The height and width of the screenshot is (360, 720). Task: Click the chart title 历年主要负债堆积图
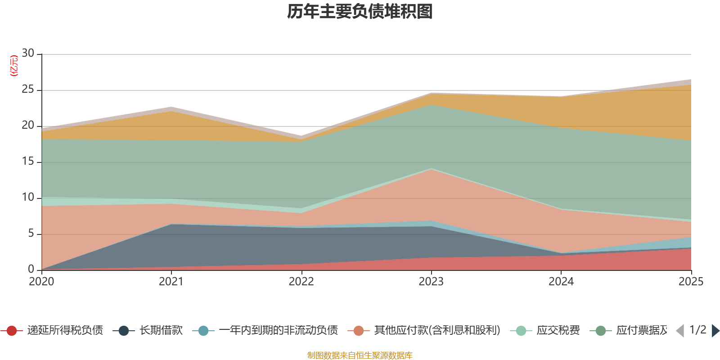tap(360, 12)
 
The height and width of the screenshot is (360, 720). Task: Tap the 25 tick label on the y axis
tap(28, 90)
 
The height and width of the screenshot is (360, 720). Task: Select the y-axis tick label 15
tap(28, 162)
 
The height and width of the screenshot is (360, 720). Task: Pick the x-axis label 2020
tap(41, 282)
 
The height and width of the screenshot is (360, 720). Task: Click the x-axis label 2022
tap(301, 282)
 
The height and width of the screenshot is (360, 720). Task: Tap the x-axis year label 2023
tap(431, 282)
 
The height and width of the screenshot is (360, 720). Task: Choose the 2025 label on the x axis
tap(691, 282)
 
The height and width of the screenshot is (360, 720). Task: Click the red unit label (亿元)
tap(14, 66)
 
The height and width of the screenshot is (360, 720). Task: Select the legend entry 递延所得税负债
tap(52, 330)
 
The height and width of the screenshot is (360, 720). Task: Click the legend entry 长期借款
tap(148, 330)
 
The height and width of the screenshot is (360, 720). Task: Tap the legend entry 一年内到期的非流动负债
tap(265, 330)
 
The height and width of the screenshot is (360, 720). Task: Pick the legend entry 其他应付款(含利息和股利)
tap(424, 330)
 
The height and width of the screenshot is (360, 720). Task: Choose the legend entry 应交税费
tap(545, 330)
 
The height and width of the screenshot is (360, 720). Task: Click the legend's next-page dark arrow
tap(715, 331)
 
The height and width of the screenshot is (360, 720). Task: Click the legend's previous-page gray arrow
tap(680, 331)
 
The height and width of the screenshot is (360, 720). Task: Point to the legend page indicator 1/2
tap(698, 330)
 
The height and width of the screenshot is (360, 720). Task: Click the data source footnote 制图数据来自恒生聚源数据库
tap(360, 355)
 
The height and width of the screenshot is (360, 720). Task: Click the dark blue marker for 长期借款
tap(124, 331)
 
